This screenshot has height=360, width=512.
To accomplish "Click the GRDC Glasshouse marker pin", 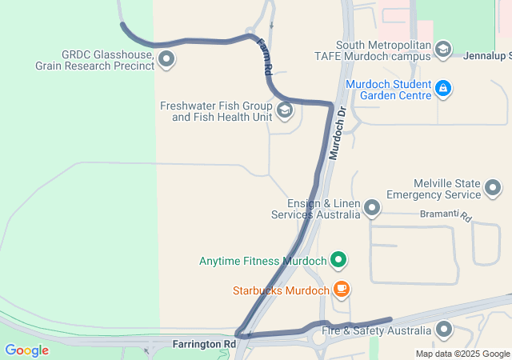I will click(x=166, y=58).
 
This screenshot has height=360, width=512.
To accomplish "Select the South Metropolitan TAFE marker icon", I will click(x=442, y=50).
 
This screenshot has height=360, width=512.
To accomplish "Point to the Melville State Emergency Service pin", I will click(x=493, y=189).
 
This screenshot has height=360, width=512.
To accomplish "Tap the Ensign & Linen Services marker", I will click(x=372, y=209).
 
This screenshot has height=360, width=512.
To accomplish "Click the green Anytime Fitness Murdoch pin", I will click(x=338, y=260).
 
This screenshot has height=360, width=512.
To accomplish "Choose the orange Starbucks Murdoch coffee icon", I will click(x=342, y=290).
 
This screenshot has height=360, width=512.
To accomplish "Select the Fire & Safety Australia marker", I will click(x=444, y=330).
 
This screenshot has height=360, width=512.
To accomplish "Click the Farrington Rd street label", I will click(x=204, y=344).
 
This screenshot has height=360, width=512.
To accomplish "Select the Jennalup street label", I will click(x=487, y=55).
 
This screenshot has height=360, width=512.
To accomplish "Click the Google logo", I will click(x=26, y=350).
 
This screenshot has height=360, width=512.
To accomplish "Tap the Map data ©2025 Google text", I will click(x=462, y=354).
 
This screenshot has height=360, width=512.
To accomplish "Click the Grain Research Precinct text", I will click(x=94, y=65).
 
